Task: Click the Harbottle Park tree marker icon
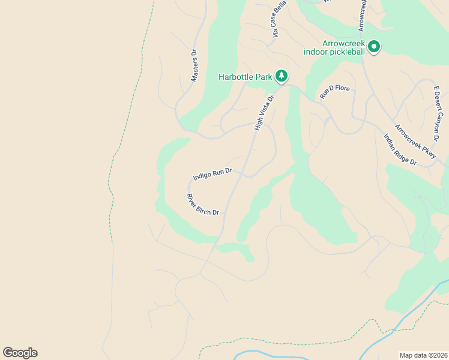tap(282, 76)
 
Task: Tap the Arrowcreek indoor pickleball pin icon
tap(374, 47)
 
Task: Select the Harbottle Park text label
tap(246, 77)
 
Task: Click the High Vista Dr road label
tap(264, 112)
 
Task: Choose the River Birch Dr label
tap(203, 205)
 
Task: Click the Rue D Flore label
tap(334, 92)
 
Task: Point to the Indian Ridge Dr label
tap(400, 149)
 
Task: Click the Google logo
tap(20, 353)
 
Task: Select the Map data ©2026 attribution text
tap(423, 355)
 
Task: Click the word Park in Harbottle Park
tap(264, 77)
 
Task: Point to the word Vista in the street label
tap(265, 110)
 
